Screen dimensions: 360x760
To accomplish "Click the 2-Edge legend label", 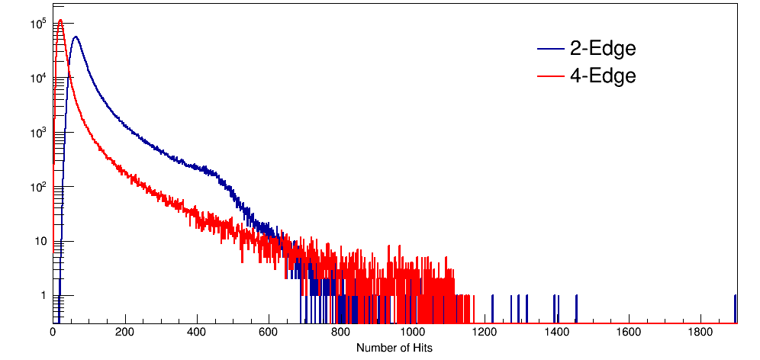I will point(603,49).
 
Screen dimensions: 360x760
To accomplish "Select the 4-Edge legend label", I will point(603,76).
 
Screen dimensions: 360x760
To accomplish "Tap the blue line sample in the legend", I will point(549,50).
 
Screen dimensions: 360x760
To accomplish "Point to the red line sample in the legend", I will point(549,76).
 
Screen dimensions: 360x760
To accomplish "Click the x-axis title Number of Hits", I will point(394,348).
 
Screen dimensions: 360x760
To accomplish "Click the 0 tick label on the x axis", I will point(53,333).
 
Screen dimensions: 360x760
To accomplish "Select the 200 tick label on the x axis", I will point(125,333).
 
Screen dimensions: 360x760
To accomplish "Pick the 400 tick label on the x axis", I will point(197,333).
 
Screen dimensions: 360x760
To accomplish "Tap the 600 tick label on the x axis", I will point(269,333).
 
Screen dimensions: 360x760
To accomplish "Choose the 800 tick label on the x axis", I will point(341,333).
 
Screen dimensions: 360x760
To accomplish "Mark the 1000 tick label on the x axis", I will point(413,333).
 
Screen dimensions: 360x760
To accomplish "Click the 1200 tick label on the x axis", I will point(485,333).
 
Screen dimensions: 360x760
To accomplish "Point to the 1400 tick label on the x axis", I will point(557,333).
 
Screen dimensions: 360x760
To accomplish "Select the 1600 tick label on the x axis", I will point(629,333).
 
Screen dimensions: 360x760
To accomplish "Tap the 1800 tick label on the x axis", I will point(700,333).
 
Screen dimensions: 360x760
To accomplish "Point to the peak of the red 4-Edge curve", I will point(60,21).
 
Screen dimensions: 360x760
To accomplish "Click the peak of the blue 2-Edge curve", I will point(75,37).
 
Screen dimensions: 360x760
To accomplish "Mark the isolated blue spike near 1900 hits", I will point(735,305).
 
